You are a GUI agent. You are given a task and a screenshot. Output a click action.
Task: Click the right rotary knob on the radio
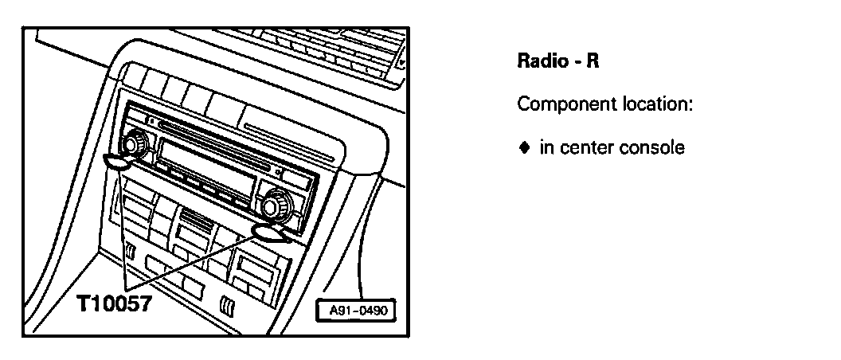point(274,205)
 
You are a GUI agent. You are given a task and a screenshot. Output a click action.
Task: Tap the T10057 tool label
point(114,304)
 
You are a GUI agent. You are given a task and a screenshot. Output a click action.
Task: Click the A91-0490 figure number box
point(357,311)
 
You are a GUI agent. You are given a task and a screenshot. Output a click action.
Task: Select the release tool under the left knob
point(117,162)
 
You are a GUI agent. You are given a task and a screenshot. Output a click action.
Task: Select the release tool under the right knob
point(272,232)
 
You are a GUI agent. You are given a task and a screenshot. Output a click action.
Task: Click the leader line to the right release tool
point(191,263)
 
